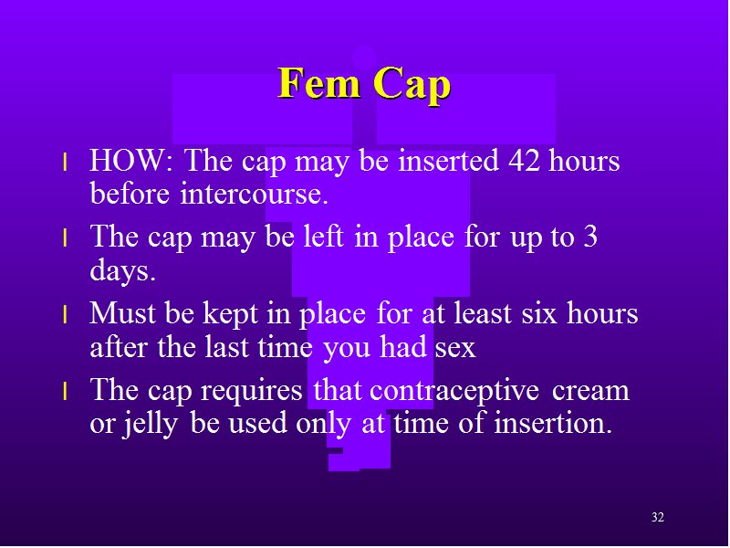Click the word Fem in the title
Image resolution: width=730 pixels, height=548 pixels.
click(319, 83)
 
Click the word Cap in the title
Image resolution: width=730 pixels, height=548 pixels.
click(412, 86)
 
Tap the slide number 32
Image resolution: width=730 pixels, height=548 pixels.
click(657, 517)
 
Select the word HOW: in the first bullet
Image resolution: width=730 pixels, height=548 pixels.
click(131, 161)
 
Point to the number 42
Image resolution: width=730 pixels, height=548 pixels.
click(524, 161)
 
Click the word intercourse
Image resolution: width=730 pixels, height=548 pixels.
click(255, 193)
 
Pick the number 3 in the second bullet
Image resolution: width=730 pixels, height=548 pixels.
click(590, 237)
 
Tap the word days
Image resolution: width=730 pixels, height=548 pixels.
click(122, 270)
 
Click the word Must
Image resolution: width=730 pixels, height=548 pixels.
click(123, 312)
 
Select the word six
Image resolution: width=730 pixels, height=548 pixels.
click(539, 312)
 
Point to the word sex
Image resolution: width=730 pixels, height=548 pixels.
click(455, 348)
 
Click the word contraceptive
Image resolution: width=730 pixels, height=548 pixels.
click(454, 391)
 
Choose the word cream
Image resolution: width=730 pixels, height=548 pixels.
click(590, 391)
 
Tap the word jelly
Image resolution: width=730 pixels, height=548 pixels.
click(150, 424)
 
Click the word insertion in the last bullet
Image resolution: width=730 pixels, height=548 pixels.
click(553, 423)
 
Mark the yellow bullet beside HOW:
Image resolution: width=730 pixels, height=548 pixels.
click(65, 163)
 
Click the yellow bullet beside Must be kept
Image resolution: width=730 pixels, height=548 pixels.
click(65, 314)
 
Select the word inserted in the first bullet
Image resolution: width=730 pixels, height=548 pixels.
click(449, 161)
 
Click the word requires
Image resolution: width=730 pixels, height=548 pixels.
click(252, 391)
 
